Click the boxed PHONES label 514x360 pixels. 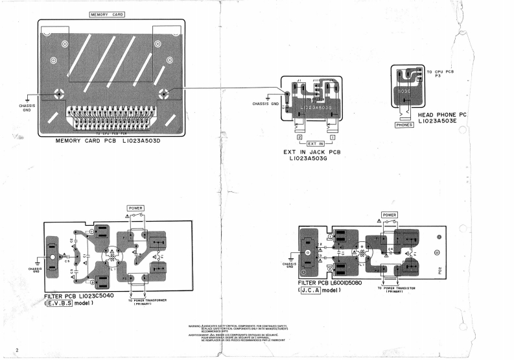(x=404, y=125)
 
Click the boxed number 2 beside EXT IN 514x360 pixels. (x=299, y=138)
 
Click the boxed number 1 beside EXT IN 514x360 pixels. (x=333, y=138)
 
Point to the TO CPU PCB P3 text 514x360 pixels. (x=439, y=73)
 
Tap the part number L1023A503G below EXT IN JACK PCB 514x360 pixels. (x=317, y=160)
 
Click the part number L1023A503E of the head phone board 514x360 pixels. (x=443, y=121)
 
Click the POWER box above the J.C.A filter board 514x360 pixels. (x=389, y=214)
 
